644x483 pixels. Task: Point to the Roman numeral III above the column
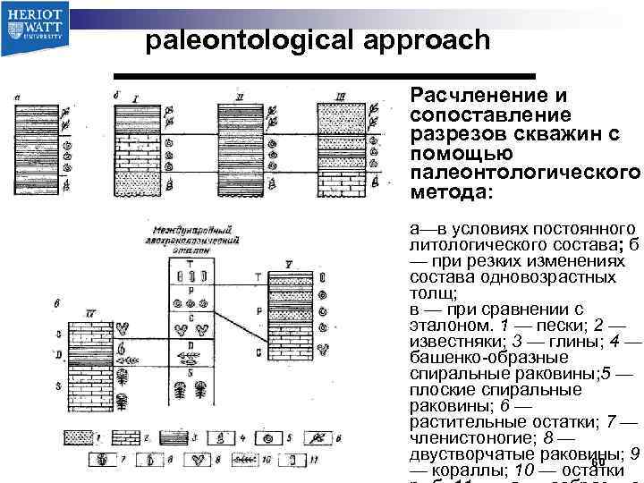click(341, 95)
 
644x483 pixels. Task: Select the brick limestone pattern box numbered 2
click(135, 438)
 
